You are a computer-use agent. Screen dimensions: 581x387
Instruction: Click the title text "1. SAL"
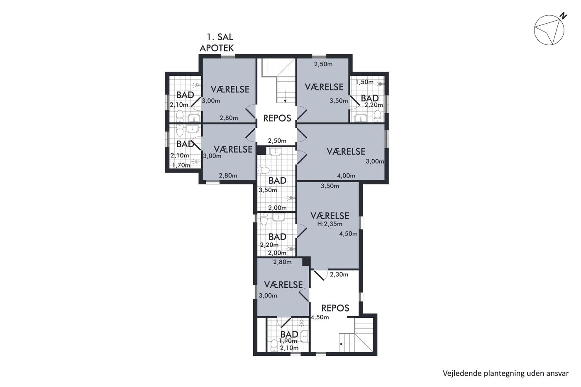point(220,37)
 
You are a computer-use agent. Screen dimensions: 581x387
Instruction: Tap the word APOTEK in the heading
point(217,48)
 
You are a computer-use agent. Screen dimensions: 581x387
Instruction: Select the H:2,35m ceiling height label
point(330,224)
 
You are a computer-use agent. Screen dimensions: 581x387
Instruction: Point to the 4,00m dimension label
point(346,176)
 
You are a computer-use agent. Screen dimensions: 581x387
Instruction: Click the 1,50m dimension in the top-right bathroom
point(364,82)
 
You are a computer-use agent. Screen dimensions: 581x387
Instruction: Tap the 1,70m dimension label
point(181,165)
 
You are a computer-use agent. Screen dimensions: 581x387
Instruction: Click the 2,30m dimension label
point(339,275)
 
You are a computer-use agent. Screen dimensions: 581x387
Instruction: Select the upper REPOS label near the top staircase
point(277,118)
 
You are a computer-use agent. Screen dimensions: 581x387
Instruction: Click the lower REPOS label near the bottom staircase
point(335,308)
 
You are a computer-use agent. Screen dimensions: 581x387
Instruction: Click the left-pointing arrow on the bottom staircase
point(345,344)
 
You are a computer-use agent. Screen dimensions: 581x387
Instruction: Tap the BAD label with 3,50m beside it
point(277,181)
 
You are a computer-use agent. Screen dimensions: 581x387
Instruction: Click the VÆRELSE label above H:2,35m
point(330,216)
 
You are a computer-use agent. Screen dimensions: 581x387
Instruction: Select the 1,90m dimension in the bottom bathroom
point(288,341)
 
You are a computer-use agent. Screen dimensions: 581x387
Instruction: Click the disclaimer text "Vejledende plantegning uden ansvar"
point(505,373)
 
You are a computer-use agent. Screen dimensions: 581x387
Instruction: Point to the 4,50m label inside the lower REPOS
point(320,317)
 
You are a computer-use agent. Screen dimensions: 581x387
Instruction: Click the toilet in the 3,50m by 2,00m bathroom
point(264,170)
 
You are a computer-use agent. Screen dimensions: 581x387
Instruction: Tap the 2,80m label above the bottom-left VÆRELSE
point(282,262)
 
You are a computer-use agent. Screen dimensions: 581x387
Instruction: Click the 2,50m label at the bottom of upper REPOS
point(277,141)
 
